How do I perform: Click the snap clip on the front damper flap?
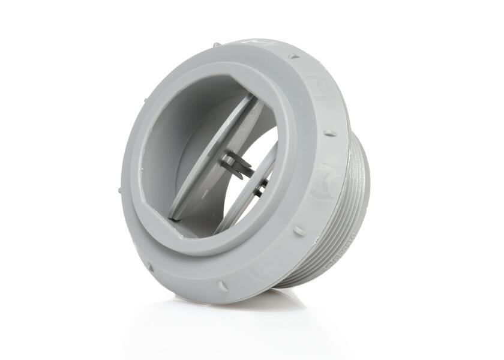tap(235, 163)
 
